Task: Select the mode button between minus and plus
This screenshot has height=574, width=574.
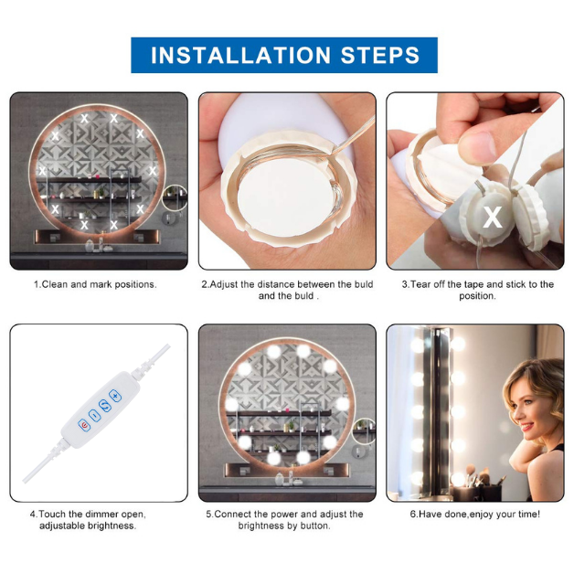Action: point(106,406)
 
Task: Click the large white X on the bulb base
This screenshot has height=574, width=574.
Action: point(493,218)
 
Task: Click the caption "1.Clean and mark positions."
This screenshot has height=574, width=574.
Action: point(96,284)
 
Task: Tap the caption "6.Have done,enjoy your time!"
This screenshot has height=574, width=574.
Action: point(474,514)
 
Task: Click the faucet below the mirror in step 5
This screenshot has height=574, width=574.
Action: point(287,475)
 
